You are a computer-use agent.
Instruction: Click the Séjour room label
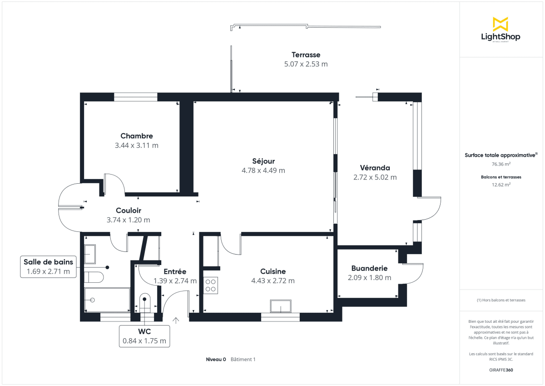tap(263, 161)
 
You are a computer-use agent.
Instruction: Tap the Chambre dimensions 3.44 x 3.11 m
tap(137, 145)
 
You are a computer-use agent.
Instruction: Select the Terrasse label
tap(306, 55)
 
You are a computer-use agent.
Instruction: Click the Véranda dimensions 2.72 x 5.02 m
tap(375, 177)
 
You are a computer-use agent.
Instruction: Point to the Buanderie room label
tap(369, 268)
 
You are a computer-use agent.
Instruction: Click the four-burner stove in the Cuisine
tap(211, 285)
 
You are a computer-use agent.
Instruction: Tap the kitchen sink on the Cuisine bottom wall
tap(281, 306)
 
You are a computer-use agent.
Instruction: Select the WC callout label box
tap(144, 336)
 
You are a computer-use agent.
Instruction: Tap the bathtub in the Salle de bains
tap(107, 300)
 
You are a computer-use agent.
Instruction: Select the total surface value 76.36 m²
tap(501, 164)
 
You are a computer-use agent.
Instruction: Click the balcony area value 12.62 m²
tap(501, 185)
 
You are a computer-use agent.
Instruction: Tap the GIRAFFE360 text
tap(501, 370)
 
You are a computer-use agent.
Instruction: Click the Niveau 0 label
tap(216, 359)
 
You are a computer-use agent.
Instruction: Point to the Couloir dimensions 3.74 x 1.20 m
tap(128, 220)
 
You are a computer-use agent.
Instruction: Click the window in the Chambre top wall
tap(135, 96)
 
